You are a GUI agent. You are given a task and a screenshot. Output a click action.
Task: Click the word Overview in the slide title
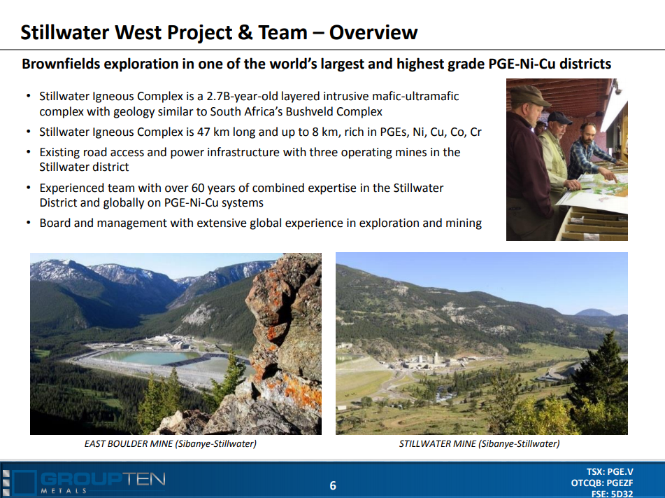pyautogui.click(x=373, y=32)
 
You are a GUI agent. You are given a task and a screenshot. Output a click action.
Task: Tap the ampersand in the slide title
pyautogui.click(x=245, y=33)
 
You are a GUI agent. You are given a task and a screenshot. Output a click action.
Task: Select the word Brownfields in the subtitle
pyautogui.click(x=61, y=64)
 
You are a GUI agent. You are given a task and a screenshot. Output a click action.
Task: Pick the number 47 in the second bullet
pyautogui.click(x=203, y=132)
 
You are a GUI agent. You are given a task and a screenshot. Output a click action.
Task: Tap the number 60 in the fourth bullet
pyautogui.click(x=198, y=188)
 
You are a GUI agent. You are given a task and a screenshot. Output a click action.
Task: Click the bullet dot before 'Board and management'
pyautogui.click(x=29, y=223)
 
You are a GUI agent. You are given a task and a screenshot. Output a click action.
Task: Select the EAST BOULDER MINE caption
pyautogui.click(x=170, y=443)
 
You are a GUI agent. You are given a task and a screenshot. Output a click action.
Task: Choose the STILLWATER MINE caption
pyautogui.click(x=479, y=443)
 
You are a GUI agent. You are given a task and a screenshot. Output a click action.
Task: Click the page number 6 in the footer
pyautogui.click(x=333, y=485)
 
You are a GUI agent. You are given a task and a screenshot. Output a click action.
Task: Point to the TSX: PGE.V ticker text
pyautogui.click(x=610, y=471)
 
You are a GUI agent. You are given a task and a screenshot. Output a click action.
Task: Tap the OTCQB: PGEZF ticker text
pyautogui.click(x=602, y=483)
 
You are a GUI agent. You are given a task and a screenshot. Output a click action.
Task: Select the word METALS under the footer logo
pyautogui.click(x=64, y=491)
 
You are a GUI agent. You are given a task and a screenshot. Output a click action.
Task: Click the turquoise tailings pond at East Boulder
pyautogui.click(x=146, y=357)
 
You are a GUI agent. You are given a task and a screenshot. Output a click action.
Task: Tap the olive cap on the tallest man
pyautogui.click(x=529, y=95)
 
